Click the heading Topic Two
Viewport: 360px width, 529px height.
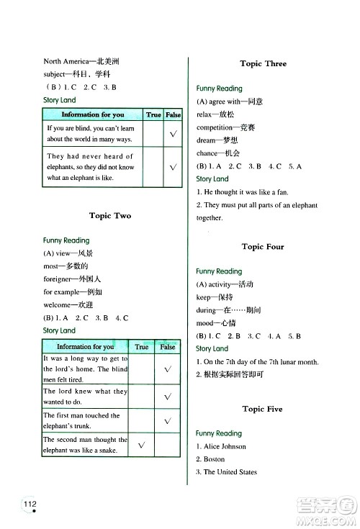tap(110, 215)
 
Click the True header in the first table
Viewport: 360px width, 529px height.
tap(153, 114)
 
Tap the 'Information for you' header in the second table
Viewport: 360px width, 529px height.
tap(85, 347)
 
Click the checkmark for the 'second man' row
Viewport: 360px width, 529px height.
tap(142, 447)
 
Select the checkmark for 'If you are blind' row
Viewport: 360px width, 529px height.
tap(174, 133)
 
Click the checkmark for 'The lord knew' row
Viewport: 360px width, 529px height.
tap(167, 396)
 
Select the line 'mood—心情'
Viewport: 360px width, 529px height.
tap(213, 322)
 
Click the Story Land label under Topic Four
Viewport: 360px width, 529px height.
tap(212, 348)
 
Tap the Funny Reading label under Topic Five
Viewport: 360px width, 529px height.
tap(219, 433)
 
